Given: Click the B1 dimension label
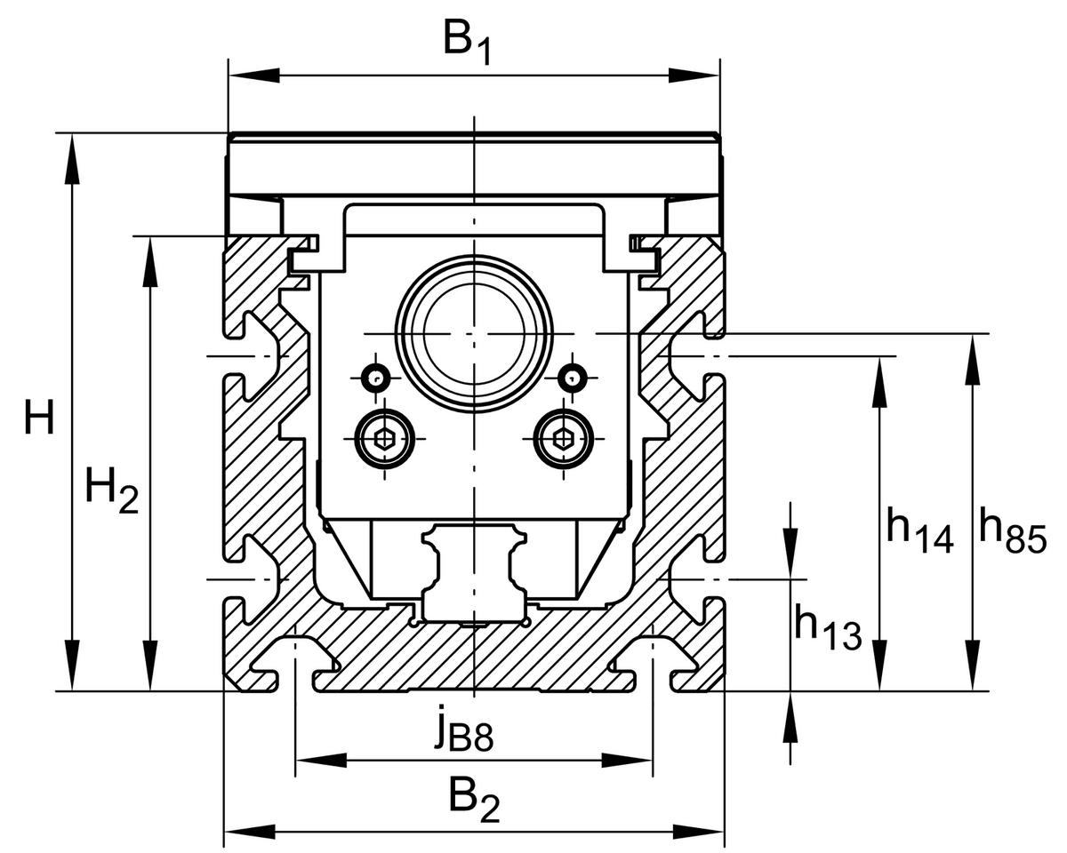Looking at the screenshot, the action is (467, 44).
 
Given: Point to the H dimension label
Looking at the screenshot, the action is (39, 417).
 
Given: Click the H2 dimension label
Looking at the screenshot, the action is (111, 490).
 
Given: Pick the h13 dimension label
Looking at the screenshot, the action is (828, 626).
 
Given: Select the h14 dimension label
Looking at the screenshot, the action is (919, 530).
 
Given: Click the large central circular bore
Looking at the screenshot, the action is (475, 333).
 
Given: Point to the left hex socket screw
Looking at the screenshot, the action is (385, 439).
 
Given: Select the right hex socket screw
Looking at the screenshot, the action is (563, 439).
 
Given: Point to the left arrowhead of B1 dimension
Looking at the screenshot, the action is (254, 76).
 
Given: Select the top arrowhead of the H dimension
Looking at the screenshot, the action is (72, 159).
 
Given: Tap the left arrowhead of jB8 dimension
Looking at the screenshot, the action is (321, 760).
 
